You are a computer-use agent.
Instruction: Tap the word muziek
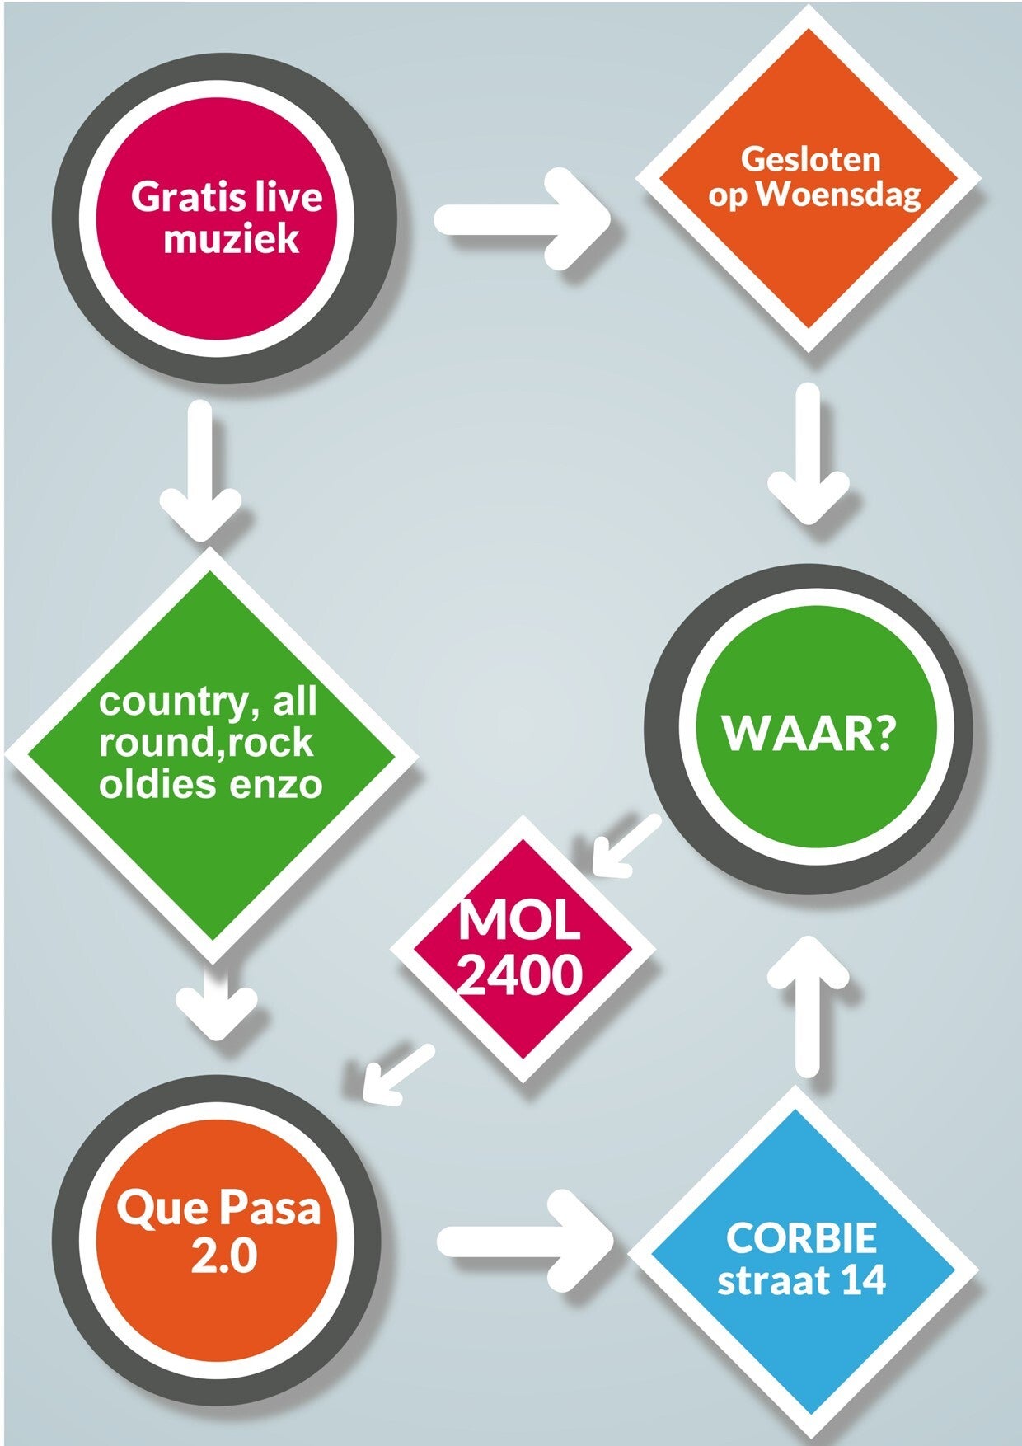click(231, 239)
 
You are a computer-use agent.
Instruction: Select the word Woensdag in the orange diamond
click(839, 195)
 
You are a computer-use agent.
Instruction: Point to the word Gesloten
click(810, 159)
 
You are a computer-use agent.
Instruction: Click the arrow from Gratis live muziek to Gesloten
click(523, 219)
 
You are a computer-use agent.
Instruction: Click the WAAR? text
click(808, 733)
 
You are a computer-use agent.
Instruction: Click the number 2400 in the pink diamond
click(520, 976)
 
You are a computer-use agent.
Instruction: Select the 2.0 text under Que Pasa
click(223, 1256)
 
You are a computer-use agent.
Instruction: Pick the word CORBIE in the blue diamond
click(801, 1238)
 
